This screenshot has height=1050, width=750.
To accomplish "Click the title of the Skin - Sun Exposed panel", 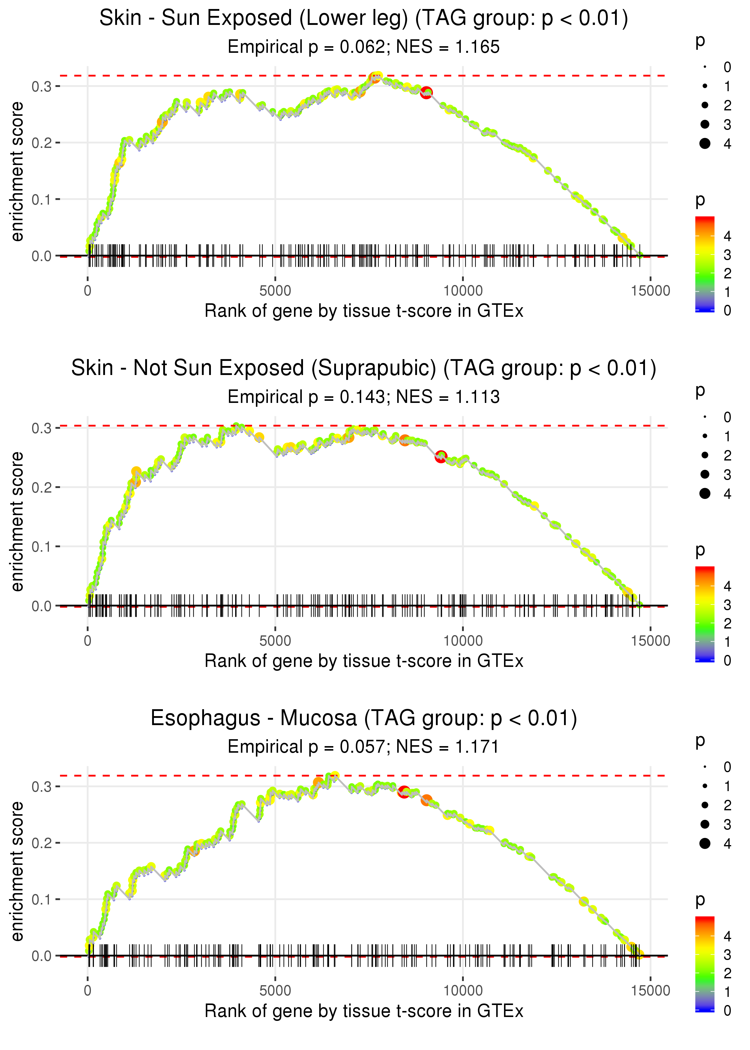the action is point(364,19).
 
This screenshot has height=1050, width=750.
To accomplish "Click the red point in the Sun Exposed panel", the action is point(426,92).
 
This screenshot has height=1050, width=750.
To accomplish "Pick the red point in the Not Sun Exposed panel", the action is point(441,457).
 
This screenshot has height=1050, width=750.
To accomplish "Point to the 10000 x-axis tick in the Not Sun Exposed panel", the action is point(463,640).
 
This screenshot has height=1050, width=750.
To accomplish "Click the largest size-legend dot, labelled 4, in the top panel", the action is point(705,144).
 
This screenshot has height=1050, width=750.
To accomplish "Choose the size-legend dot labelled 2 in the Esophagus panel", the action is point(705,805).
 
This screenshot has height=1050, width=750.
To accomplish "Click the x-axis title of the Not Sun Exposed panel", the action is point(364,661).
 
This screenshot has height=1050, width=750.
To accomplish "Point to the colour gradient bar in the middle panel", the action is point(705,614).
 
